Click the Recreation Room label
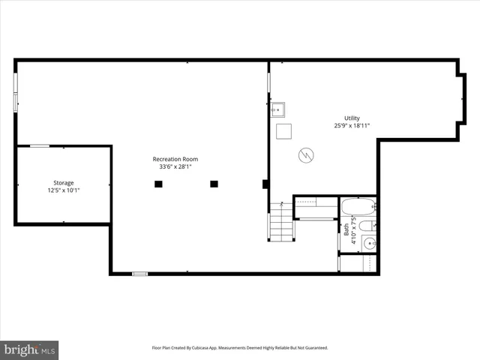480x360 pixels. [175, 158]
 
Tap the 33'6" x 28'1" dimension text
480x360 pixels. [175, 166]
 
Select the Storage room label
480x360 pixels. [63, 182]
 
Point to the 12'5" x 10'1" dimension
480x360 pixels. [63, 190]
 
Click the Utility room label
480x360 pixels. [352, 118]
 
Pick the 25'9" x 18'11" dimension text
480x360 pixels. [352, 126]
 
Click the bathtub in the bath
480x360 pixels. [358, 207]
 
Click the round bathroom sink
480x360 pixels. [367, 242]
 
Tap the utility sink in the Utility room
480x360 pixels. [277, 109]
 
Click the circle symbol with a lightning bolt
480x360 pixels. [306, 155]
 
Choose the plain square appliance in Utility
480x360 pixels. [283, 132]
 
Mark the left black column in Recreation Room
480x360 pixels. [158, 184]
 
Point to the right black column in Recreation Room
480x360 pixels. [214, 184]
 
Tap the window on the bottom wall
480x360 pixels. [140, 274]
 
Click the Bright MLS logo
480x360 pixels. [29, 349]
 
